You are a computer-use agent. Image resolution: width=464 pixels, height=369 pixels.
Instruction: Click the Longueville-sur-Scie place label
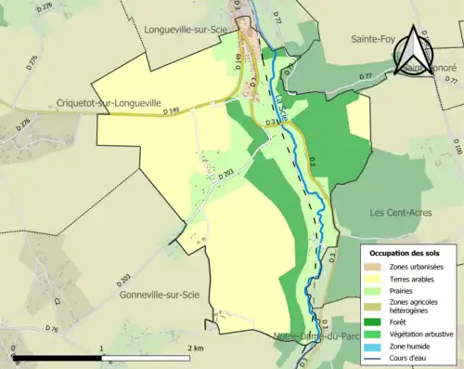(x=189, y=29)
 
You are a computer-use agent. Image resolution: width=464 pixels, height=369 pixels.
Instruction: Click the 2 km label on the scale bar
(x=195, y=349)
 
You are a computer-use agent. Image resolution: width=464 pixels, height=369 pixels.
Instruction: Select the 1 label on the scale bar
(x=101, y=349)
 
